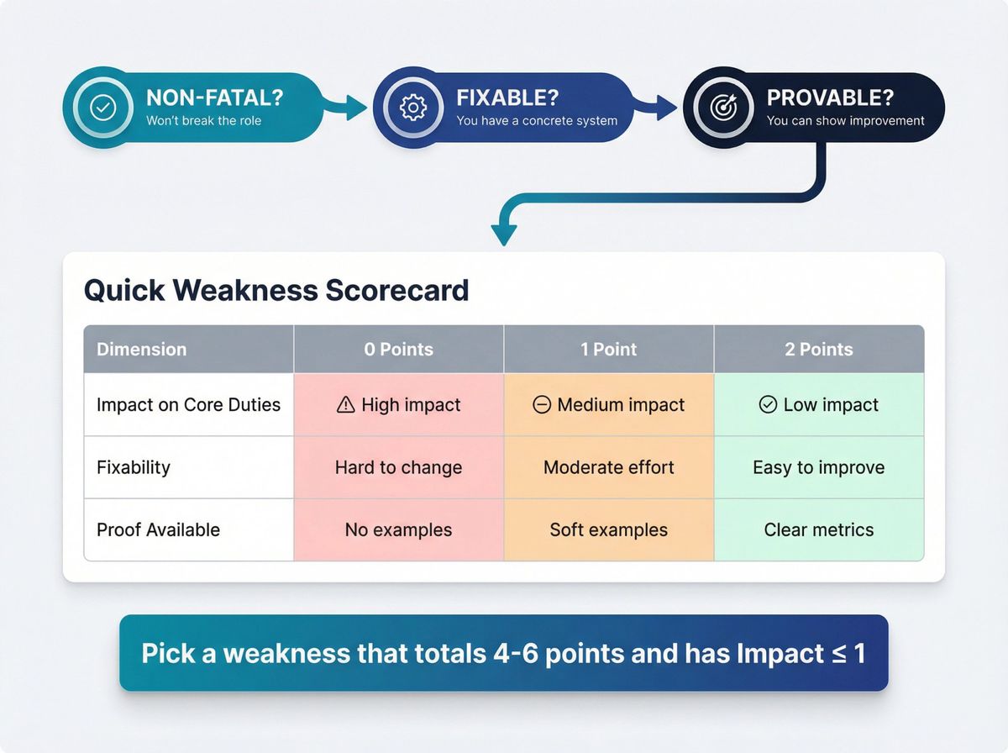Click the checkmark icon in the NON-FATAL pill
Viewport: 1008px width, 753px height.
pyautogui.click(x=102, y=108)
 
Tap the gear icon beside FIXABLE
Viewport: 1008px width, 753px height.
pyautogui.click(x=412, y=108)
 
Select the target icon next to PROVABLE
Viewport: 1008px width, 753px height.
pyautogui.click(x=722, y=108)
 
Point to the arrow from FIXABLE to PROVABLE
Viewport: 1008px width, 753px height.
pyautogui.click(x=655, y=106)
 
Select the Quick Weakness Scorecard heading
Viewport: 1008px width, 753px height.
pyautogui.click(x=276, y=290)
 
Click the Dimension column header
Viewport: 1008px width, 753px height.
pyautogui.click(x=142, y=350)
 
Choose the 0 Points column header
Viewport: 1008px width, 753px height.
pyautogui.click(x=398, y=350)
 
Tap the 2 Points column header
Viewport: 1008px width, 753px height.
pyautogui.click(x=818, y=350)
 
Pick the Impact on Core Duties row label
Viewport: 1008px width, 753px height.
pyautogui.click(x=188, y=404)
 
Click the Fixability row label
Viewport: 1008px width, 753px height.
pyautogui.click(x=134, y=467)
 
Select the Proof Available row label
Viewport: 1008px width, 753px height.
pyautogui.click(x=158, y=529)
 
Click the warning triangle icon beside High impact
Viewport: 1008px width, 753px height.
pyautogui.click(x=345, y=405)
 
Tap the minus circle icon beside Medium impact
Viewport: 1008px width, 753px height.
pyautogui.click(x=542, y=405)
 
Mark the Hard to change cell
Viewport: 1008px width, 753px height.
pyautogui.click(x=398, y=467)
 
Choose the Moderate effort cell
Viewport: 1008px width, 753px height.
pyautogui.click(x=608, y=467)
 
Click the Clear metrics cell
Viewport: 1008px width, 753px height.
pyautogui.click(x=818, y=529)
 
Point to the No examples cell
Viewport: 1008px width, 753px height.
pyautogui.click(x=398, y=529)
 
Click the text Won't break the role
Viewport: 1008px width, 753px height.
pyautogui.click(x=203, y=120)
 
